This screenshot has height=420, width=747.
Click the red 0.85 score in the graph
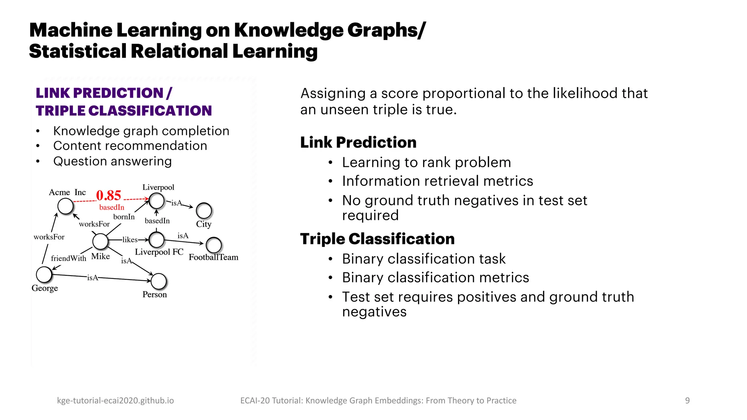(x=108, y=195)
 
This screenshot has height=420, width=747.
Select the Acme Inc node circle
(x=66, y=206)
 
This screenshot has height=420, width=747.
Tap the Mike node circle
(x=100, y=241)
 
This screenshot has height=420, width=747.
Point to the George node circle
(x=44, y=275)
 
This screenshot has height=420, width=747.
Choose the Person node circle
(x=159, y=281)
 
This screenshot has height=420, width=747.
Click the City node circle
(x=204, y=210)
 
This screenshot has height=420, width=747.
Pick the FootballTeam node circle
(x=214, y=245)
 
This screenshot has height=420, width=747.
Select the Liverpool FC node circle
(x=157, y=240)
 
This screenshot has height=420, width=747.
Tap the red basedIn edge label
(x=112, y=207)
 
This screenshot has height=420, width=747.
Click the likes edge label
(x=130, y=240)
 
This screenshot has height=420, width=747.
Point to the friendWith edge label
(x=69, y=258)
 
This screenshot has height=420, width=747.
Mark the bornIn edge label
(x=124, y=217)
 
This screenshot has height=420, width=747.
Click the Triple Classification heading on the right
(x=377, y=239)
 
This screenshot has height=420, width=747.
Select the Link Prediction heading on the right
(x=358, y=142)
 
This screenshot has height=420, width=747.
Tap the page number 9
(x=687, y=401)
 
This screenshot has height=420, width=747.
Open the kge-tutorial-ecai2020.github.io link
(x=115, y=401)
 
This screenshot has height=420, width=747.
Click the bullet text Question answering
(x=112, y=161)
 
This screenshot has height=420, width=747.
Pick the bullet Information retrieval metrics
(x=437, y=181)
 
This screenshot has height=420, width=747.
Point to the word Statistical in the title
(x=77, y=51)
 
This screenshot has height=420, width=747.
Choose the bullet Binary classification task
(x=423, y=259)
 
